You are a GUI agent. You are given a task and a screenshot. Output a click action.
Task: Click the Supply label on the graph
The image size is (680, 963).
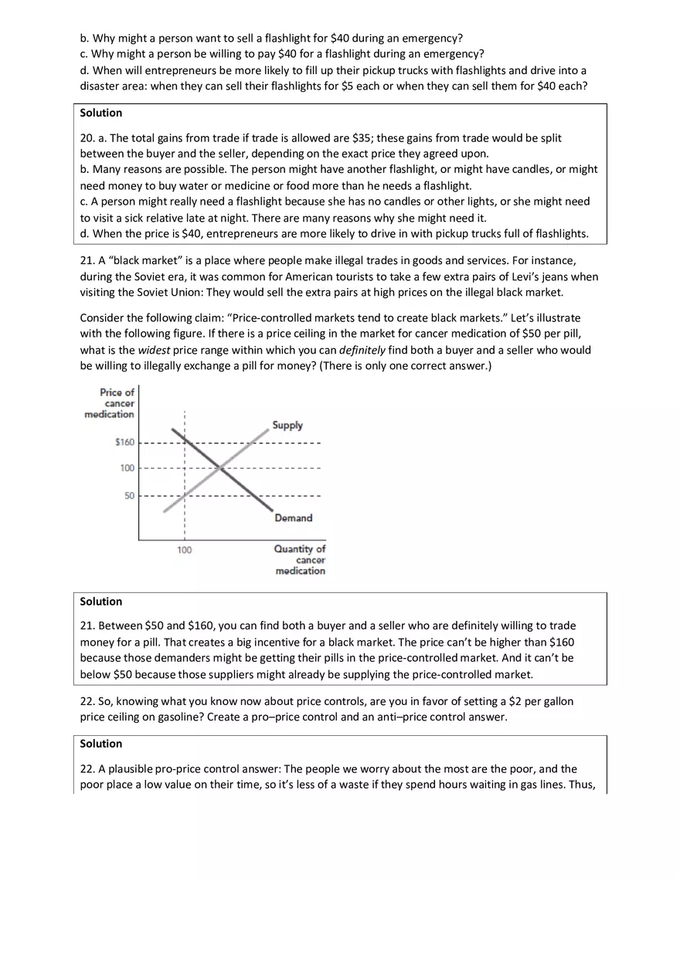click(287, 426)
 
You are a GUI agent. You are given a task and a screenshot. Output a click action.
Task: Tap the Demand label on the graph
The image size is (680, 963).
click(294, 518)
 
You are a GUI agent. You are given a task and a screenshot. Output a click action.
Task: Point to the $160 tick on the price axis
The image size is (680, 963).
click(124, 443)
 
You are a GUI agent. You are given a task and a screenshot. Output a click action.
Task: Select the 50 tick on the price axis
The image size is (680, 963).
click(129, 496)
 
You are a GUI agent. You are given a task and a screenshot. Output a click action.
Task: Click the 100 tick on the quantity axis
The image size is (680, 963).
click(184, 551)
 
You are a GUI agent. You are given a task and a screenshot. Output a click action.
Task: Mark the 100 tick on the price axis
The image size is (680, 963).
click(127, 468)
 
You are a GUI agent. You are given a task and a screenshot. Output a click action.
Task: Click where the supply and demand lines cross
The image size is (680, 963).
click(220, 468)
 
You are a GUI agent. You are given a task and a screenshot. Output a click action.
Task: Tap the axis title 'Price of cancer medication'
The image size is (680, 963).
click(110, 403)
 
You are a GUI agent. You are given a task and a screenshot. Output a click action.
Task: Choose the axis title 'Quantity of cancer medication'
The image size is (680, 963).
click(300, 560)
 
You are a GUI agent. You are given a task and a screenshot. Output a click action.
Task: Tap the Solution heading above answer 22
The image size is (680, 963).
click(100, 744)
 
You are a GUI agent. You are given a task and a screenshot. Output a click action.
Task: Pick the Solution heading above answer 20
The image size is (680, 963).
click(100, 113)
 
